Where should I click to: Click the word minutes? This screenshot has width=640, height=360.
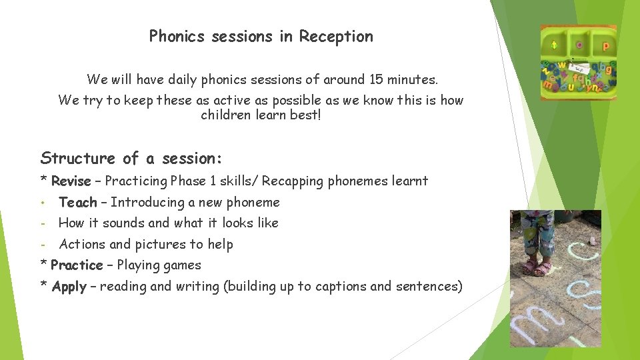(x=413, y=80)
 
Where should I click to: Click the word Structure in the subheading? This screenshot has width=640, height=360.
(x=77, y=159)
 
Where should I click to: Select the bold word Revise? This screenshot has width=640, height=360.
(x=70, y=181)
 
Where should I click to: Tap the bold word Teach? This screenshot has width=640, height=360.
(x=77, y=202)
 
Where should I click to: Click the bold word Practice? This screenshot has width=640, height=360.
(x=77, y=265)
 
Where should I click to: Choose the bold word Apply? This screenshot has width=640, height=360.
(x=69, y=287)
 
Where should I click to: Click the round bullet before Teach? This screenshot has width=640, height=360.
(x=42, y=202)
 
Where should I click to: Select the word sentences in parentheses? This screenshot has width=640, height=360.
(x=427, y=287)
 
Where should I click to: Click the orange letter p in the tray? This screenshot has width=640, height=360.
(x=606, y=46)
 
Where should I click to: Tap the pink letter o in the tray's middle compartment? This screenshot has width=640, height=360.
(x=579, y=45)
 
